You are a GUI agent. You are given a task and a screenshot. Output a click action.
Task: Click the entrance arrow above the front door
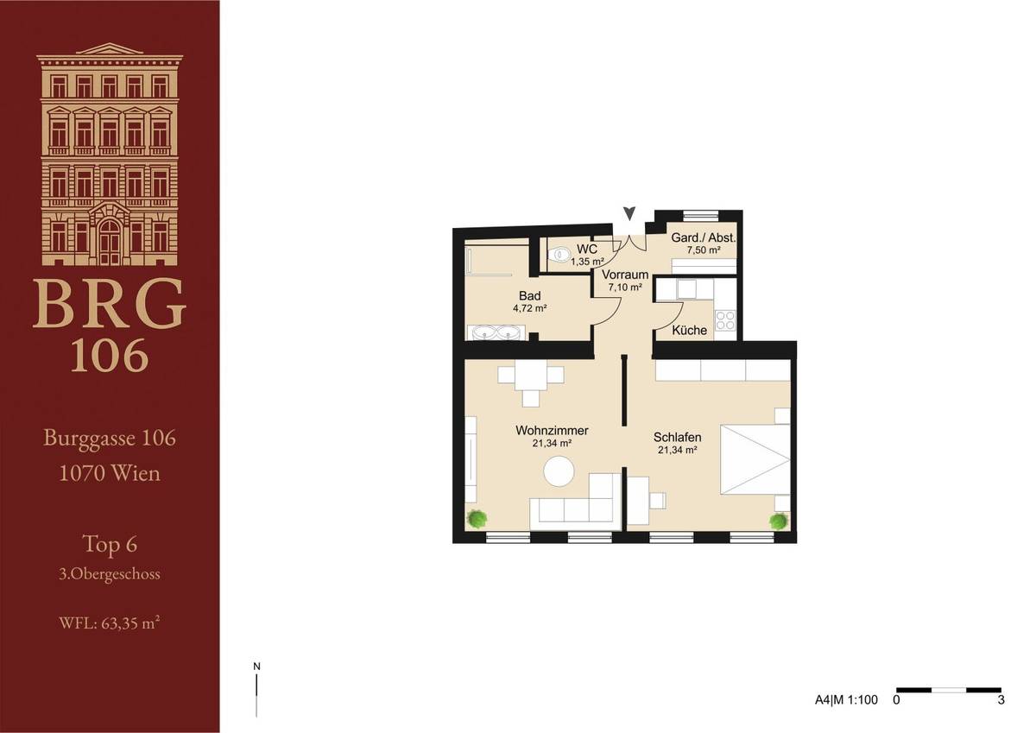(x=629, y=212)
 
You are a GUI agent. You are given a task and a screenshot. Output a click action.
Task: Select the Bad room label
(x=529, y=295)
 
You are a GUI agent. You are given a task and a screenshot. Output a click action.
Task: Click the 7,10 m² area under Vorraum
(x=625, y=288)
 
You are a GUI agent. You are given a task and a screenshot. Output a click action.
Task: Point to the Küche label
(x=690, y=330)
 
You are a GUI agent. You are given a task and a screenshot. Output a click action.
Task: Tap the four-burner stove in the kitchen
(x=725, y=320)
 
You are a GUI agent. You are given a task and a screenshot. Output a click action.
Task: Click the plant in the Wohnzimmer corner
(x=476, y=519)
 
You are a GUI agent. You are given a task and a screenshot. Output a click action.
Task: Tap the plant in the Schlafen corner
(x=779, y=521)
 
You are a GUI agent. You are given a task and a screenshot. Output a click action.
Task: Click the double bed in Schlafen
(x=753, y=458)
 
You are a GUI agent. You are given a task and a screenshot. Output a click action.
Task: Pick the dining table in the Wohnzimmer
(x=530, y=376)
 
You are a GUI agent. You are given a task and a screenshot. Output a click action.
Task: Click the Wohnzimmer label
(x=553, y=430)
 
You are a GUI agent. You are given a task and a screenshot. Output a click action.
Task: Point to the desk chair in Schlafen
(x=658, y=500)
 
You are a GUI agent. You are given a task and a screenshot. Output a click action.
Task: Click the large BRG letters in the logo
(x=110, y=304)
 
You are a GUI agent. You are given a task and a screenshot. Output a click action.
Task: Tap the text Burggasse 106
(x=110, y=439)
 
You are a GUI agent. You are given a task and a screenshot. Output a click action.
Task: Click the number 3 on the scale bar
(x=1001, y=700)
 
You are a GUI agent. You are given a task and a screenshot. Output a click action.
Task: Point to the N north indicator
(x=256, y=667)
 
